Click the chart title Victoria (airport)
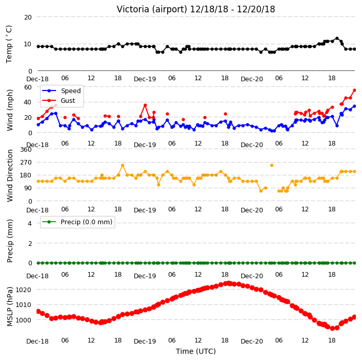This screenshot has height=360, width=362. click(152, 9)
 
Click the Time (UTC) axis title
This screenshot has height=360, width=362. click(196, 351)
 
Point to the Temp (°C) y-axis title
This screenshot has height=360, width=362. click(9, 44)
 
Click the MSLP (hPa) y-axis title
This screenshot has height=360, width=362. click(10, 307)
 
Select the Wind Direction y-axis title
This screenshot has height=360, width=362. click(10, 176)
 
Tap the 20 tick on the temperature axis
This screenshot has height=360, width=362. click(28, 17)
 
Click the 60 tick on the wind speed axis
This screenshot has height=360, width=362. click(28, 87)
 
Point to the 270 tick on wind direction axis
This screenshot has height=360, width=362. click(26, 163)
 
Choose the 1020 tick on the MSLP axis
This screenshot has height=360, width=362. click(23, 290)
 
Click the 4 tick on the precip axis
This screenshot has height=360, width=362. click(30, 223)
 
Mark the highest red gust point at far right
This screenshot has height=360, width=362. click(355, 91)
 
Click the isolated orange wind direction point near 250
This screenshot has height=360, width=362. click(271, 165)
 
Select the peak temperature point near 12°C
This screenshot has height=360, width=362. click(337, 39)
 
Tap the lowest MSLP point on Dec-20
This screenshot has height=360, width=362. click(333, 328)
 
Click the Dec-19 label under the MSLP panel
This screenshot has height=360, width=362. click(145, 341)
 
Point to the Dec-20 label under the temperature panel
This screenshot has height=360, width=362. click(252, 79)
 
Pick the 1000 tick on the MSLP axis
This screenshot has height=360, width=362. click(23, 320)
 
